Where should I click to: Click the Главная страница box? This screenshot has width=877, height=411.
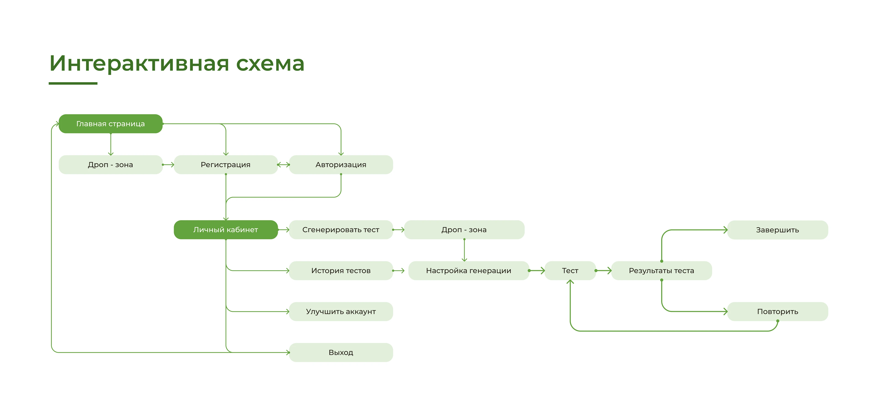110,124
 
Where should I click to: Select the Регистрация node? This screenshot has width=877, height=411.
225,165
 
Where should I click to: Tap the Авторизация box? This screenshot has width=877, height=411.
341,165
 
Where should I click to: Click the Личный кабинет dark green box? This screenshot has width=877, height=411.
225,230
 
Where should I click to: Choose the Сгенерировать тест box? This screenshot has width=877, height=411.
341,230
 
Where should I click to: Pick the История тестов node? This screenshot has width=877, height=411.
341,271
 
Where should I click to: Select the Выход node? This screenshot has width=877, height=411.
341,353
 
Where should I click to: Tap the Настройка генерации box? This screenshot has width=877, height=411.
468,271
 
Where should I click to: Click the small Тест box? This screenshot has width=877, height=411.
570,271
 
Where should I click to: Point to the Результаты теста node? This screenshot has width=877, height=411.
661,271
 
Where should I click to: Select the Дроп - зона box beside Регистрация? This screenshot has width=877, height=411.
110,165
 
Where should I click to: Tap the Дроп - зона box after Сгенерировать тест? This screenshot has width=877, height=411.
464,230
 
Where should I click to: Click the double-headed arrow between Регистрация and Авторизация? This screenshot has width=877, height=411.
283,165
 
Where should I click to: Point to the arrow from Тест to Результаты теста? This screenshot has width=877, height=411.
604,271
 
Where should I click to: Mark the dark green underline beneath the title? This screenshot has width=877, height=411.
73,83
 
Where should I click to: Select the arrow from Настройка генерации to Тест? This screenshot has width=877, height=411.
537,271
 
